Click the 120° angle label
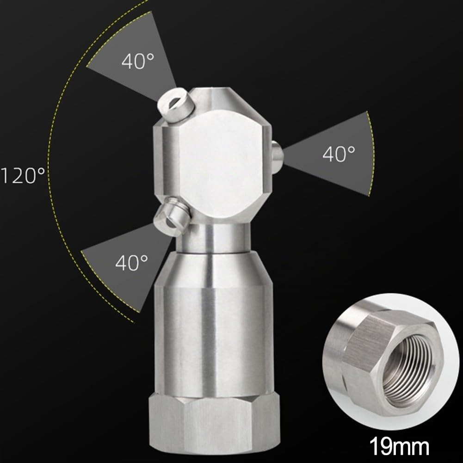23,175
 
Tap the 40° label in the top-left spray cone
137,61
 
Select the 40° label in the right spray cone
339,154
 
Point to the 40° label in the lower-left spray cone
131,263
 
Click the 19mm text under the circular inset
399,446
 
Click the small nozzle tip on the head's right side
277,154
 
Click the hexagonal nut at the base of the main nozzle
214,426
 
